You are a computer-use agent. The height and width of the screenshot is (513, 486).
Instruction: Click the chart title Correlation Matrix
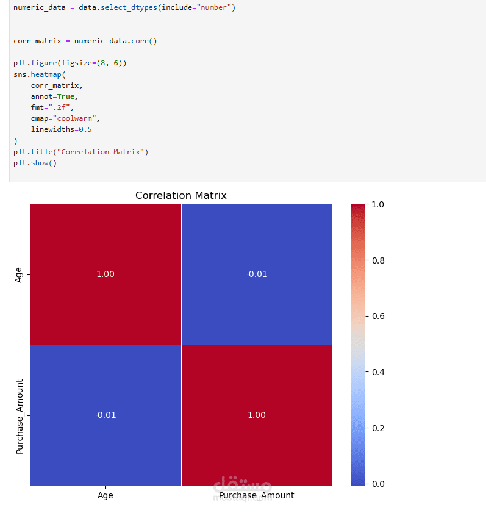tap(180, 196)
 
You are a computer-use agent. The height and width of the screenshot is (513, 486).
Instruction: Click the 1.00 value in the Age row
tap(105, 274)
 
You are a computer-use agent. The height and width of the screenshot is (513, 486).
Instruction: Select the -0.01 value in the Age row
tap(257, 274)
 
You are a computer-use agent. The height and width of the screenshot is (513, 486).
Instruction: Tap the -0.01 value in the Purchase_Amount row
tap(105, 415)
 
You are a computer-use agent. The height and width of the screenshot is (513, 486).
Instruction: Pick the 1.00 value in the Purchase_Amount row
tap(257, 415)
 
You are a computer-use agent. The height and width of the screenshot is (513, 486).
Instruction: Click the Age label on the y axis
tap(19, 274)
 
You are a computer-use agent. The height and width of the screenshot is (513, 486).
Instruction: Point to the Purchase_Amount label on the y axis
tap(20, 416)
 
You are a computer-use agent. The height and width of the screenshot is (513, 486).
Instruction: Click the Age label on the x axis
tap(105, 496)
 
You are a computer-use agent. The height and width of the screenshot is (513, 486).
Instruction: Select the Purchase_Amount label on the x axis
tap(257, 496)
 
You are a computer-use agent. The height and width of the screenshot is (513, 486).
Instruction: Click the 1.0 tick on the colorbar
tap(378, 205)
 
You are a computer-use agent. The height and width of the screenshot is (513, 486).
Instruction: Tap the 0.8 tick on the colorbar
tap(378, 261)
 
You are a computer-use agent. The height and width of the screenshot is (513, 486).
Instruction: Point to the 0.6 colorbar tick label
tap(378, 317)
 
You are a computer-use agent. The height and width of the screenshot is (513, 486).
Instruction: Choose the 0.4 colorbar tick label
tap(378, 373)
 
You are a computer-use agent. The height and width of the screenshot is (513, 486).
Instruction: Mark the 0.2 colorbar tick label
tap(378, 428)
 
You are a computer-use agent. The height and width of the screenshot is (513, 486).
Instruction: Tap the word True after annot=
tap(68, 96)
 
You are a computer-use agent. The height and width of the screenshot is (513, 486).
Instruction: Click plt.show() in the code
tap(35, 163)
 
